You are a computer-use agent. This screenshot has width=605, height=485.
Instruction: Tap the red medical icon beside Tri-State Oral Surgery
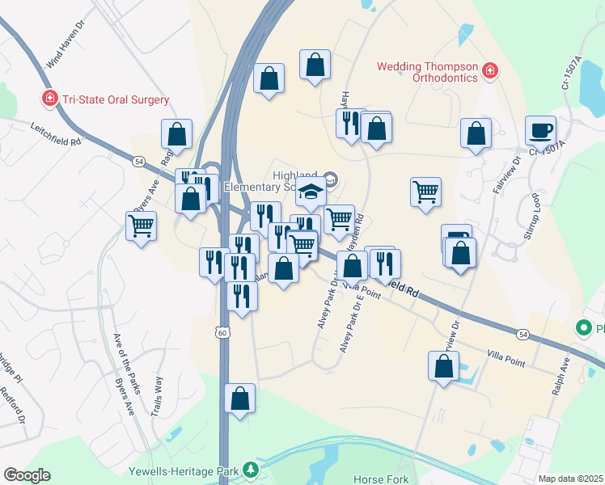pyautogui.click(x=50, y=99)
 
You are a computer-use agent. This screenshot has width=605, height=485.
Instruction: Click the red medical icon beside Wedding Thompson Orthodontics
pyautogui.click(x=489, y=72)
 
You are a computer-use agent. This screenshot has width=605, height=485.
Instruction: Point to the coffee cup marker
pyautogui.click(x=540, y=129)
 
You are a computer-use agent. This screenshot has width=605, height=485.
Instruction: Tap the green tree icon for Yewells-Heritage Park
pyautogui.click(x=252, y=470)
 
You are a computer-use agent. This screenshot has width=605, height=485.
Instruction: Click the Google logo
pyautogui.click(x=27, y=475)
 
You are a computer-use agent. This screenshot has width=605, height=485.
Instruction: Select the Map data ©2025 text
pyautogui.click(x=570, y=479)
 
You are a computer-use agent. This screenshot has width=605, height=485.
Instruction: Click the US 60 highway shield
pyautogui.click(x=222, y=332)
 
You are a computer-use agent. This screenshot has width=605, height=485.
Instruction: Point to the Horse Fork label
pyautogui.click(x=381, y=479)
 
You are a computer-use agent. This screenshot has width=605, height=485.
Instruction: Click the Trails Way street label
pyautogui.click(x=157, y=395)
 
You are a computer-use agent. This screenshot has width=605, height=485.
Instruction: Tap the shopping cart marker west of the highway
pyautogui.click(x=142, y=226)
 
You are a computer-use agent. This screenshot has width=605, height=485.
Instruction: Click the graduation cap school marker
pyautogui.click(x=311, y=192)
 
